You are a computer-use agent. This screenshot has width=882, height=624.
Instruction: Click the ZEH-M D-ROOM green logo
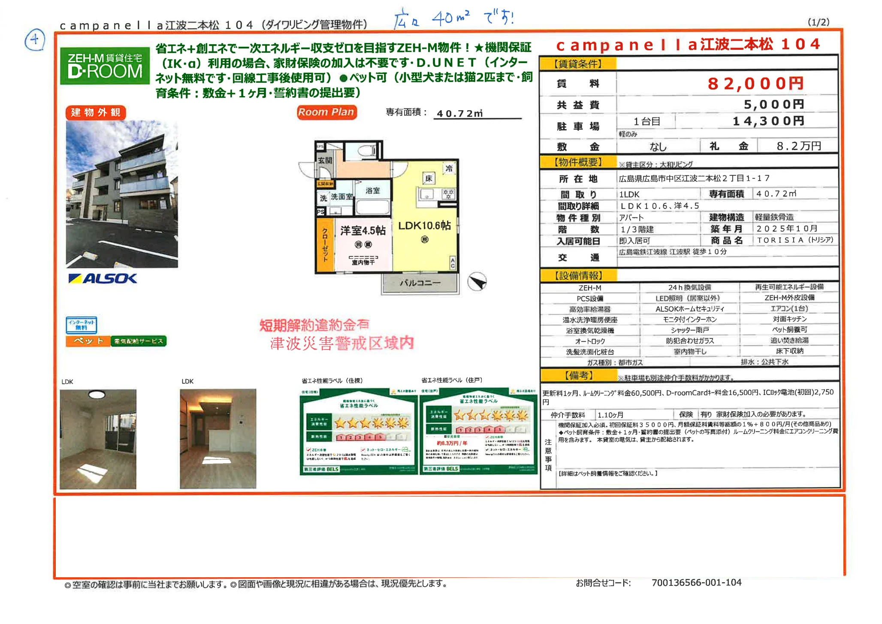(105, 66)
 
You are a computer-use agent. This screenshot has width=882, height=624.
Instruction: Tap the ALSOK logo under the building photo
(103, 279)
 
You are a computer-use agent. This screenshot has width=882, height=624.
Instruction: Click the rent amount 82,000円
(755, 84)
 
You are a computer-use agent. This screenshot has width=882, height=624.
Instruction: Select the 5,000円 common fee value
(773, 104)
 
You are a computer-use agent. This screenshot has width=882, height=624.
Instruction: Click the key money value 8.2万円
(798, 146)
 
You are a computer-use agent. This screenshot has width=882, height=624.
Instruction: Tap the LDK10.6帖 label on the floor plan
(424, 226)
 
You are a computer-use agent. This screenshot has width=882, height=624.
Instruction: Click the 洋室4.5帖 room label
(363, 231)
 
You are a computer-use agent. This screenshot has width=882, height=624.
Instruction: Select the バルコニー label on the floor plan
(420, 283)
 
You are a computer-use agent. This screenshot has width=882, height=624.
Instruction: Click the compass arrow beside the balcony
(477, 282)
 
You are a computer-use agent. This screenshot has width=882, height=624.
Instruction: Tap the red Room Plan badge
(326, 112)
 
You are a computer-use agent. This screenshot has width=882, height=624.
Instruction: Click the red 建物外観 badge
(96, 112)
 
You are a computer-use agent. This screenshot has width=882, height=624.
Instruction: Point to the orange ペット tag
(88, 341)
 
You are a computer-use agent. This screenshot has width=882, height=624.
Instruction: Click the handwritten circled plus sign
(35, 40)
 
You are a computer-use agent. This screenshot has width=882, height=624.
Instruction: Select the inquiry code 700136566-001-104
(696, 582)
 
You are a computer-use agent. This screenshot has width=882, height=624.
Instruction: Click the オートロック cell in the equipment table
(590, 341)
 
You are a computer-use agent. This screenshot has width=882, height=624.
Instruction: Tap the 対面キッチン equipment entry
(789, 319)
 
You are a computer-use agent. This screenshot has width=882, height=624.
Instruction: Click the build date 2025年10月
(787, 229)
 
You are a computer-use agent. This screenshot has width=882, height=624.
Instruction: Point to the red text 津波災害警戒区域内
(342, 343)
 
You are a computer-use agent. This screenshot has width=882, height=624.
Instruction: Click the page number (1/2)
(818, 22)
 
